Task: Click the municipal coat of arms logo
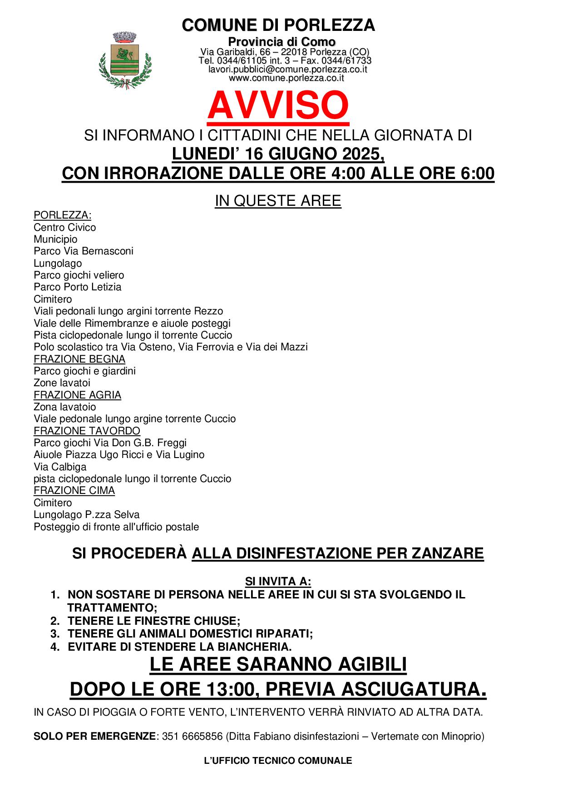(124, 61)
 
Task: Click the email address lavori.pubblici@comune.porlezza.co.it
(287, 70)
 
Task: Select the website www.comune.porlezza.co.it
(286, 78)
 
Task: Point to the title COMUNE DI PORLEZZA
(278, 25)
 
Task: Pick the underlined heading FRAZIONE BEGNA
(79, 359)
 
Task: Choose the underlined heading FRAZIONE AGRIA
(77, 395)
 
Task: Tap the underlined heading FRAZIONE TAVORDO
(87, 431)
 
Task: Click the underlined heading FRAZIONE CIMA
(74, 490)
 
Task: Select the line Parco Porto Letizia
(77, 287)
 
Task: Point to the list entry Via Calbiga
(60, 467)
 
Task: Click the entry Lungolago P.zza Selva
(86, 515)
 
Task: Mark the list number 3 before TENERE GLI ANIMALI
(54, 634)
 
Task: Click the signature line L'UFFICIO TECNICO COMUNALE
(278, 761)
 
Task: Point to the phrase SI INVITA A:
(278, 582)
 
